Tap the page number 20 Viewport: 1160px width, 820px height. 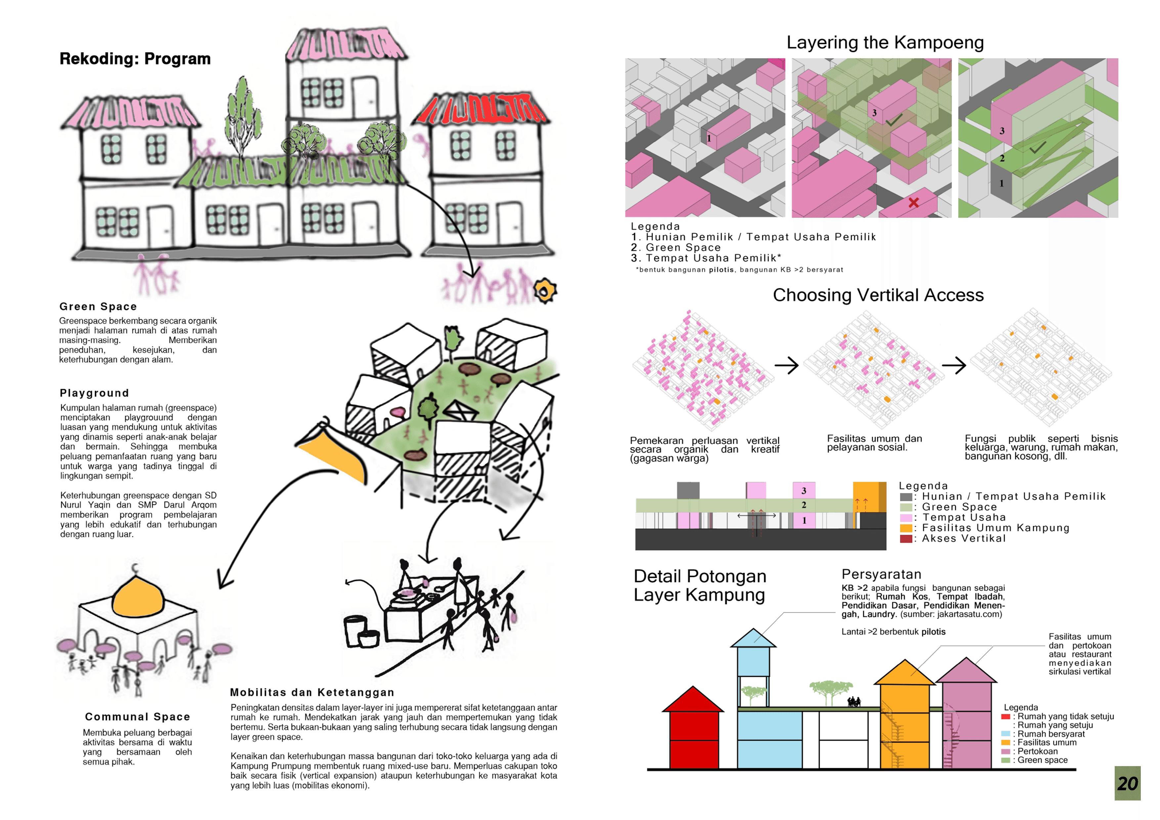pyautogui.click(x=1127, y=783)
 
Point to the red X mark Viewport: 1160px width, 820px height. pyautogui.click(x=914, y=202)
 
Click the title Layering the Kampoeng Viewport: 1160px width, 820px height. pyautogui.click(x=885, y=42)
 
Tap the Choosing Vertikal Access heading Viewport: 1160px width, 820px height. pyautogui.click(x=878, y=295)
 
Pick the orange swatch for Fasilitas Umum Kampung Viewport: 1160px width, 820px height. pyautogui.click(x=906, y=528)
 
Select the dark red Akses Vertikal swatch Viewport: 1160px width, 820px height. pyautogui.click(x=906, y=538)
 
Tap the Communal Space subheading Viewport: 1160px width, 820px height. pyautogui.click(x=137, y=717)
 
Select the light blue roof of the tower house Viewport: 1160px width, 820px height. pyautogui.click(x=753, y=639)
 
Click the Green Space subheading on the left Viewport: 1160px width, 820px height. pyautogui.click(x=98, y=307)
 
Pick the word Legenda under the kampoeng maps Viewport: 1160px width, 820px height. pyautogui.click(x=655, y=226)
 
